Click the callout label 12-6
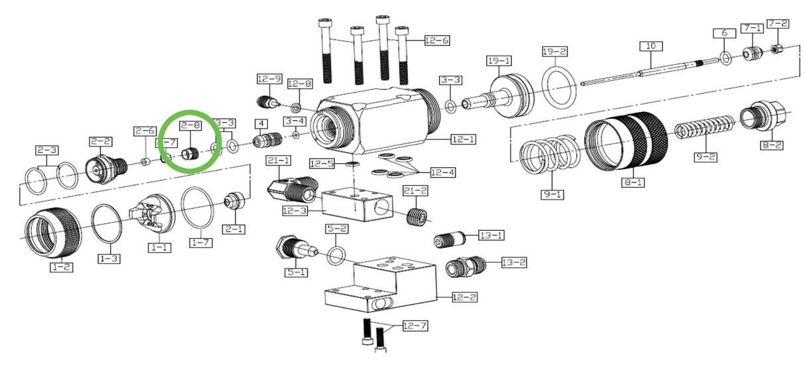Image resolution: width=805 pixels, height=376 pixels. coord(437,40)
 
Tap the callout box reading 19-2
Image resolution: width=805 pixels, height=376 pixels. coord(554,51)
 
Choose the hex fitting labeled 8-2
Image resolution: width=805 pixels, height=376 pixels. coord(766,118)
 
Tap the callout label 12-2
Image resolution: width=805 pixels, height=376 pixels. coord(464,297)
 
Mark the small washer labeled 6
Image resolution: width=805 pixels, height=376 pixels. coord(725,59)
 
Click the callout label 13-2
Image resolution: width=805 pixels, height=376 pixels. coord(513,263)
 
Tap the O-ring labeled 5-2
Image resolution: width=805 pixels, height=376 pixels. coord(337,254)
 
